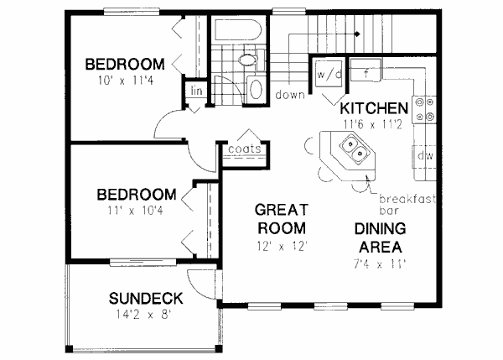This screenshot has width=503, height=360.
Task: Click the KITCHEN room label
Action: [x=375, y=108]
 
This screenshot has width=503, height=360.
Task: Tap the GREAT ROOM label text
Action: [x=281, y=218]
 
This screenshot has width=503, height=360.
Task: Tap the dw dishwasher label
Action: [x=423, y=155]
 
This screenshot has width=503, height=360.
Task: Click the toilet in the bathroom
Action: [x=247, y=60]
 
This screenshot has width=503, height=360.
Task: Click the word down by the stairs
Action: [x=289, y=95]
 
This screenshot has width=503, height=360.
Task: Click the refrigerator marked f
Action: [x=366, y=74]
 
